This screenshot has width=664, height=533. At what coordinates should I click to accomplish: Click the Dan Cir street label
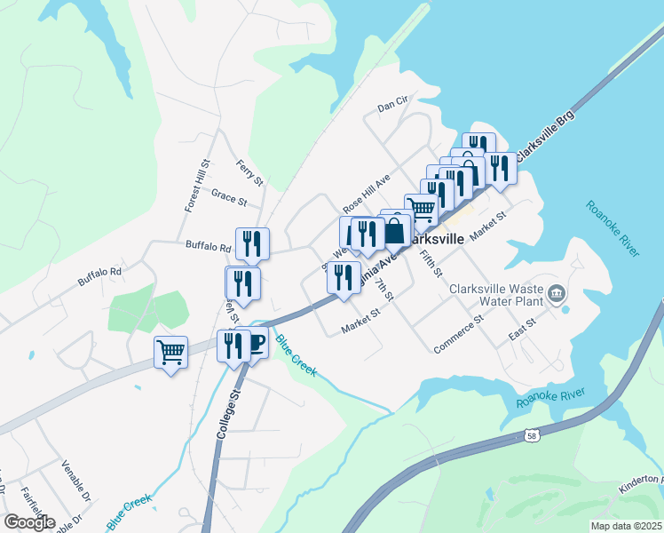click(x=391, y=105)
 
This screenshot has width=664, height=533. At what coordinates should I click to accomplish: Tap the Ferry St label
click(x=250, y=172)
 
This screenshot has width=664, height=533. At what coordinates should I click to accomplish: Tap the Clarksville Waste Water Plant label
click(x=494, y=295)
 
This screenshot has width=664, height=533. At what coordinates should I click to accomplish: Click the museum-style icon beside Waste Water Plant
click(x=557, y=292)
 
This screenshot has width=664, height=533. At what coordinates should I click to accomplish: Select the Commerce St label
click(x=458, y=334)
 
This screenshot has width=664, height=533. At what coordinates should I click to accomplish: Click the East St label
click(x=522, y=328)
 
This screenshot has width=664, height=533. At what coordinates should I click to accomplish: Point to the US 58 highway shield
click(x=531, y=435)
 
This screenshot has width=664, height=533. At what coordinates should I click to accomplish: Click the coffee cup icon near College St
click(x=255, y=343)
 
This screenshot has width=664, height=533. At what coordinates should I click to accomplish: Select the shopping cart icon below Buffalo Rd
click(x=170, y=352)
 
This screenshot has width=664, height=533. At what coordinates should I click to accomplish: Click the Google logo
click(x=29, y=521)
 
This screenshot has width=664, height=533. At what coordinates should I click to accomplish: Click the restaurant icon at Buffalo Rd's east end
click(x=252, y=243)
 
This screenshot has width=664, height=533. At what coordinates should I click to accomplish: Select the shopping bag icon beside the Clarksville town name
click(x=396, y=230)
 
